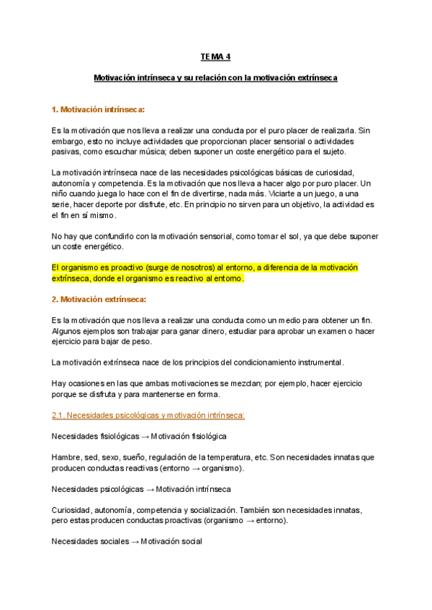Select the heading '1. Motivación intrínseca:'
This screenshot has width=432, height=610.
(x=98, y=109)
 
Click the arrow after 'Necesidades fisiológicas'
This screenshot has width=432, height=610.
(x=145, y=436)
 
